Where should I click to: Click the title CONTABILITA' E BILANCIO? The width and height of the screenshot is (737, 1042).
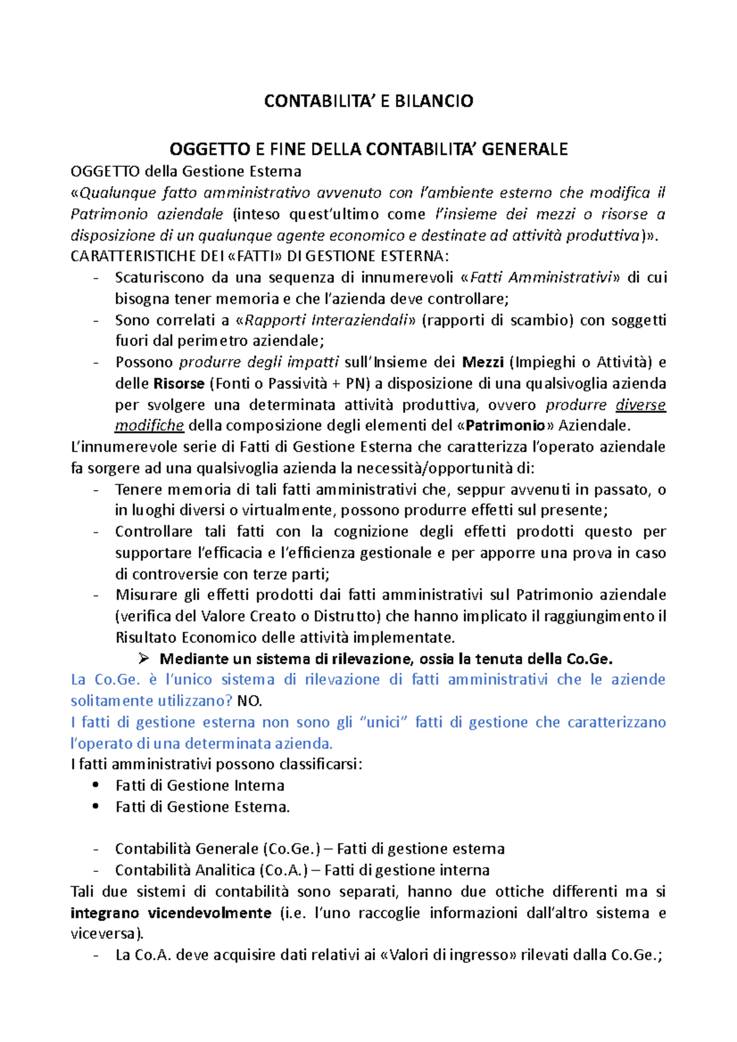pyautogui.click(x=368, y=101)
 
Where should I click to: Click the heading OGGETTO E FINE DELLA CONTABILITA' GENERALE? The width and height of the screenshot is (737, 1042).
pyautogui.click(x=368, y=149)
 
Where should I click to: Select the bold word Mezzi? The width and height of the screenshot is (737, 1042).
pyautogui.click(x=483, y=362)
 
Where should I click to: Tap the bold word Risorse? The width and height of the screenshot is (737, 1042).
pyautogui.click(x=178, y=384)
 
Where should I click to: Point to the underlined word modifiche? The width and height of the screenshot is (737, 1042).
pyautogui.click(x=149, y=425)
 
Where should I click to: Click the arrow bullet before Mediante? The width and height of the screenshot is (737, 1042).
pyautogui.click(x=144, y=658)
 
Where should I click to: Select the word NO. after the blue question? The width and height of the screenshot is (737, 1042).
pyautogui.click(x=249, y=701)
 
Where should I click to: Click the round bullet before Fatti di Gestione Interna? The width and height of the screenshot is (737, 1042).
pyautogui.click(x=95, y=785)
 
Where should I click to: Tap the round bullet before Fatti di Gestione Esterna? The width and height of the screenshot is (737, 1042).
pyautogui.click(x=95, y=806)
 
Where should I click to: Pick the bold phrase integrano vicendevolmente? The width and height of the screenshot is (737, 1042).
pyautogui.click(x=171, y=913)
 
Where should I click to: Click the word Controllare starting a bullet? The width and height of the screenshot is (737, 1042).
pyautogui.click(x=154, y=531)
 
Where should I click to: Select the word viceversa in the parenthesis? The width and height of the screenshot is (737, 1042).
pyautogui.click(x=104, y=934)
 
